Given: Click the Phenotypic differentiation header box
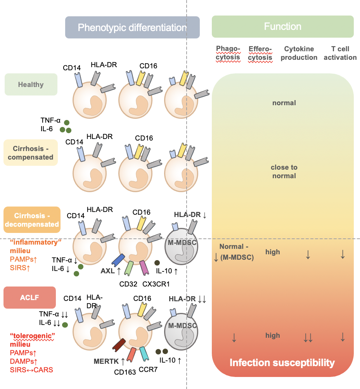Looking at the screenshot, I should [x=132, y=28].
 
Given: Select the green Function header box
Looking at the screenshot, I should [x=282, y=26].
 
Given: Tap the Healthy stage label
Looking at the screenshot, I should [x=31, y=84].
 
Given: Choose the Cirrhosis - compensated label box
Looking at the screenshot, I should [x=30, y=153].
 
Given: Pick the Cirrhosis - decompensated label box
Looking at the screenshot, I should [x=32, y=219].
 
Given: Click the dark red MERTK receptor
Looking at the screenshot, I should [x=118, y=344].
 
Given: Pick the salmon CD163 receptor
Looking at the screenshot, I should [x=132, y=355].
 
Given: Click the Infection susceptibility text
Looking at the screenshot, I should [x=282, y=363].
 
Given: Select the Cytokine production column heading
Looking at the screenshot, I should [x=299, y=53].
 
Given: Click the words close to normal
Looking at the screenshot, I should [x=284, y=172].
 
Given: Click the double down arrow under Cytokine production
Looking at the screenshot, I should [x=308, y=338].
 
